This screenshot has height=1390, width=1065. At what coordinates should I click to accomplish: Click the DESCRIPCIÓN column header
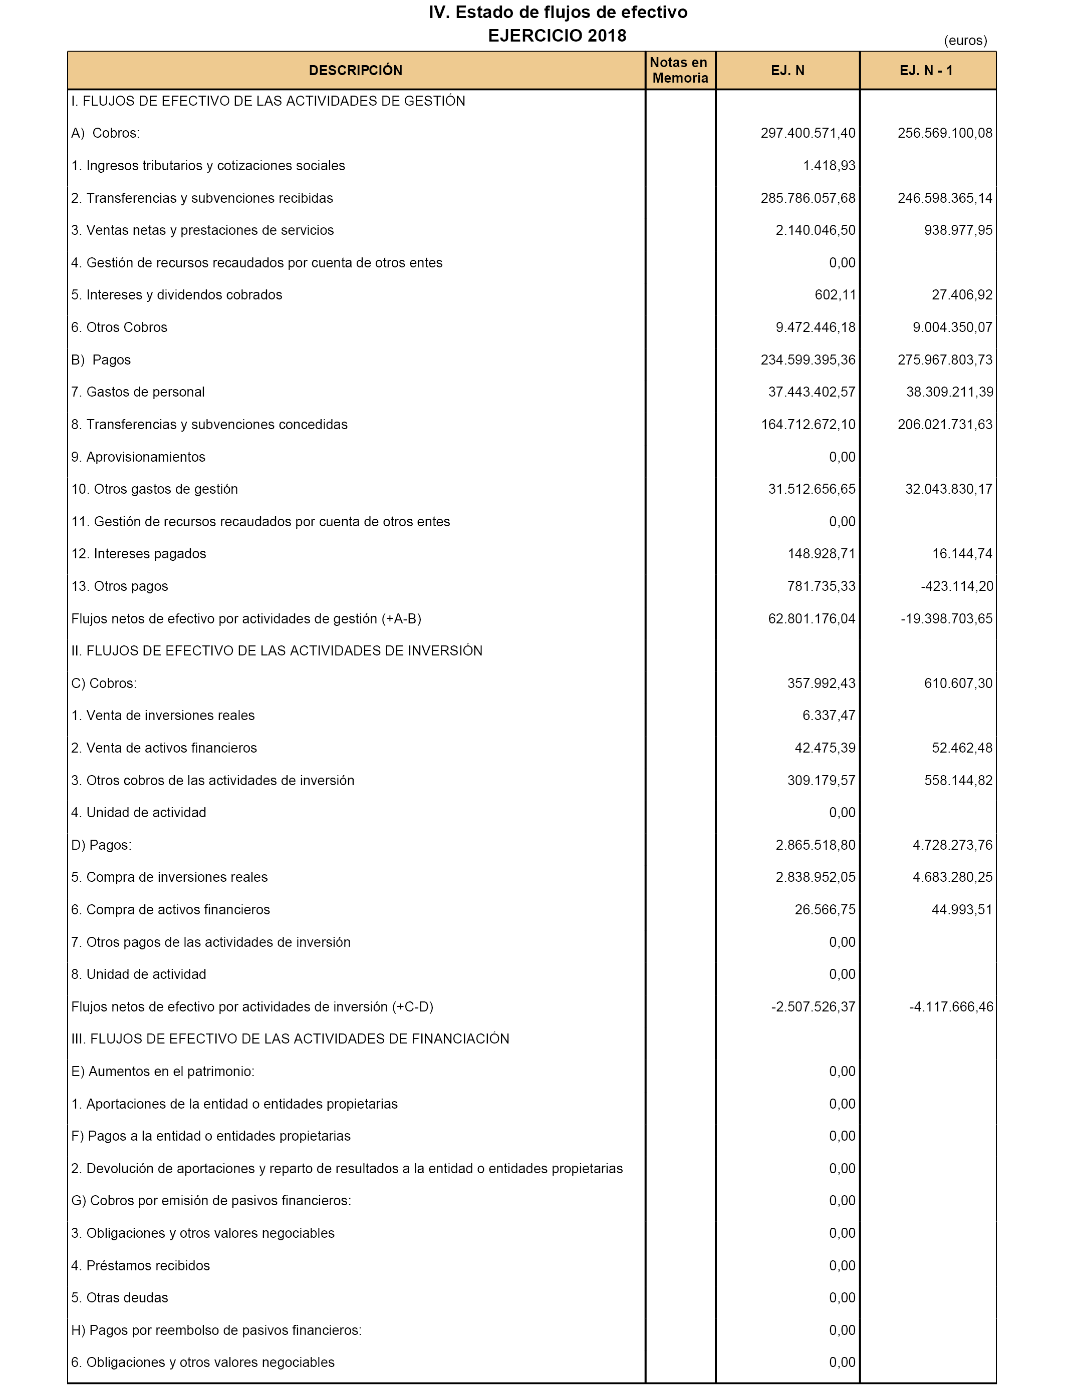[355, 70]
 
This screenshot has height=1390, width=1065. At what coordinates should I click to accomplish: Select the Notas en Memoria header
[680, 70]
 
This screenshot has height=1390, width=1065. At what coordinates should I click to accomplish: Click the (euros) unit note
[965, 41]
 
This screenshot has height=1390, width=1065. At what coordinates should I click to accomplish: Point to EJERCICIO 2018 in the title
[557, 36]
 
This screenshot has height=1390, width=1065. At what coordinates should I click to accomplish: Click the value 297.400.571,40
[808, 133]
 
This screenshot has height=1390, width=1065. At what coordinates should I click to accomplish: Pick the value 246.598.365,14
[945, 198]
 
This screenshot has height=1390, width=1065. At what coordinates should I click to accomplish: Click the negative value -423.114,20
[957, 586]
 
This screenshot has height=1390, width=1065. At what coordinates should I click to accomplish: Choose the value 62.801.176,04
[812, 618]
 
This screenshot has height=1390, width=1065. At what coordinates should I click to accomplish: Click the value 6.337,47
[829, 715]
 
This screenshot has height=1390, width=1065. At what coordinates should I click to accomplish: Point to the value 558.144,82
[958, 780]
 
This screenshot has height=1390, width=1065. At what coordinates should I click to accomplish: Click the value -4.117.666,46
[951, 1007]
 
